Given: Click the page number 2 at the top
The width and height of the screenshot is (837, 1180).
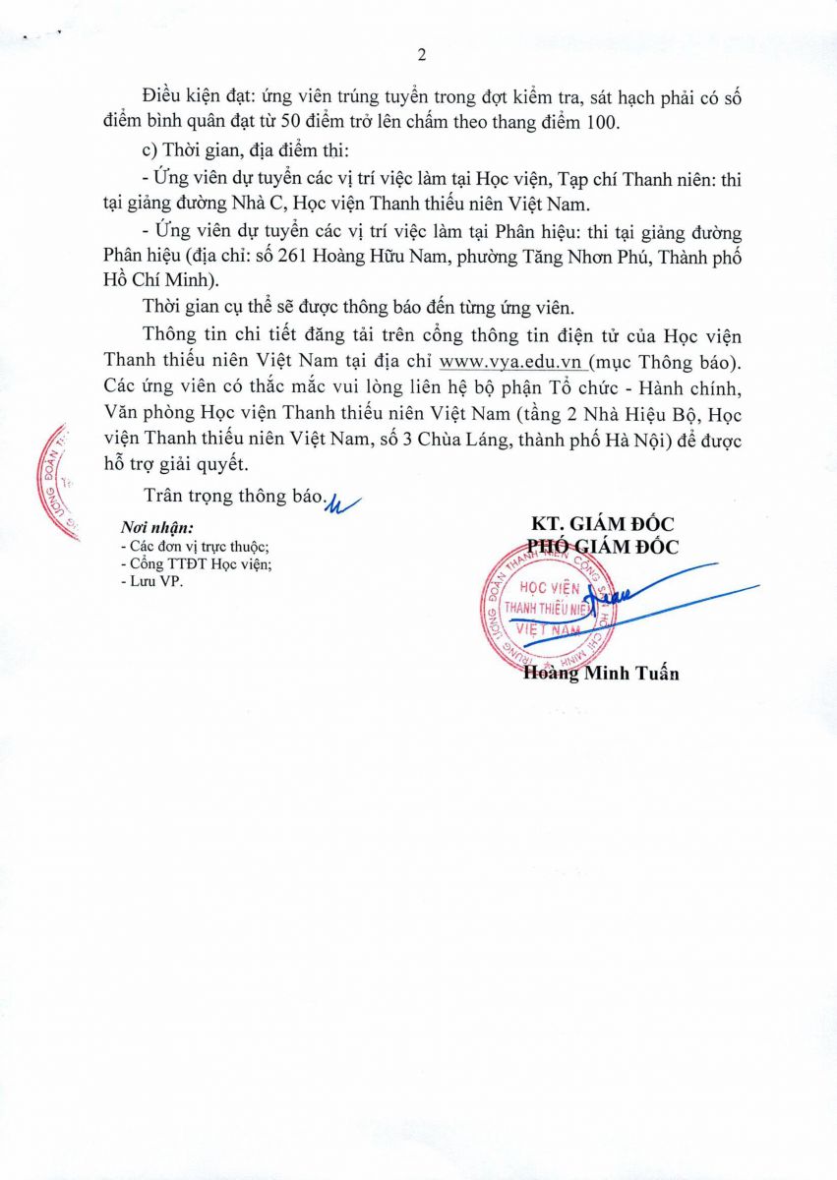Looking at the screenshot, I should point(420,54).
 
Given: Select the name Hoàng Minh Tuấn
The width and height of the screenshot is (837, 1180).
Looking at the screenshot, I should point(601,674).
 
